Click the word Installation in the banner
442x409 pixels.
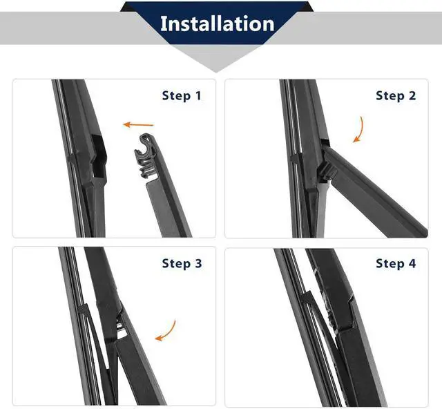217,23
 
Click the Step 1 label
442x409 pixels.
182,95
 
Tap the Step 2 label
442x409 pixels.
396,95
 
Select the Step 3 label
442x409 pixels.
182,263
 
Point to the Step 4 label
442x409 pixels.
396,263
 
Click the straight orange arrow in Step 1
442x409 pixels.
138,124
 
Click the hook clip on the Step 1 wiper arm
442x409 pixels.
146,155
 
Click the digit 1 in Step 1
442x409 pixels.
198,95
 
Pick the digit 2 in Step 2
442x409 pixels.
412,95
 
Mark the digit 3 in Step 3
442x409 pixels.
198,263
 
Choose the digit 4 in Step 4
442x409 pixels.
412,263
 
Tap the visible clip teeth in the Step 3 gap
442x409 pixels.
119,325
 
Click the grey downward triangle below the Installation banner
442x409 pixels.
215,58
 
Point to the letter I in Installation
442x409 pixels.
163,23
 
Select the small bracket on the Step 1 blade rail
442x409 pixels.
73,158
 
